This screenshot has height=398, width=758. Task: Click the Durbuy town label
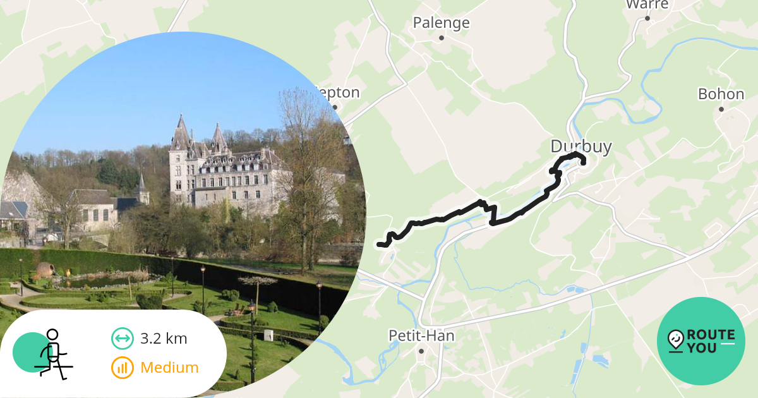point(581,147)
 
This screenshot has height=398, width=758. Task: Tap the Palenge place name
point(441,23)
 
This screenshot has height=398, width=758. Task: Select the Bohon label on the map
point(721,94)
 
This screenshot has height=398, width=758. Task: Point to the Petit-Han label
point(421,335)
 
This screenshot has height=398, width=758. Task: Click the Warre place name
point(647,5)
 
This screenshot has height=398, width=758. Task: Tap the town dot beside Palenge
point(442,38)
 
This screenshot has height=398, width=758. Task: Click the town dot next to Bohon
point(721,109)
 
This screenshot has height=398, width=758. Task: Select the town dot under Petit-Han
point(421,351)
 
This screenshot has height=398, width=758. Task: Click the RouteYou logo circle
point(701,341)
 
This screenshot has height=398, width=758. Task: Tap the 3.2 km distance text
point(164,339)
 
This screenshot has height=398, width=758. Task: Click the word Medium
point(169,368)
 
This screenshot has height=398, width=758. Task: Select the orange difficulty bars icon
point(122,368)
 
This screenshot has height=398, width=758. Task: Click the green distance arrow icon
point(122,339)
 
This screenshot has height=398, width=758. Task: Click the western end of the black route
point(379,244)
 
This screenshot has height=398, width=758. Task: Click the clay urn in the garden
point(45,270)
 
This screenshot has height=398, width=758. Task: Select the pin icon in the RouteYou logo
point(675,341)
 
